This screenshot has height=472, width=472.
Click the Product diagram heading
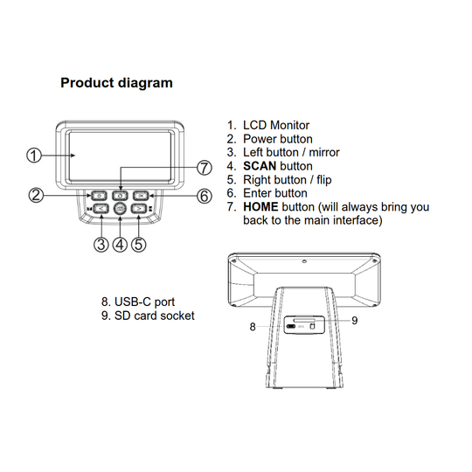pos(116,83)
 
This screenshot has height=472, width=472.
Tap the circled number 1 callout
pos(34,156)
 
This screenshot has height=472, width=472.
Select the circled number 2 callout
pos(36,195)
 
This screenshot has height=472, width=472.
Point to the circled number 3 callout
pos(101,244)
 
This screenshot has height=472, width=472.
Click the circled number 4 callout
pos(120,244)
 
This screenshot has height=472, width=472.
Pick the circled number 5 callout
pos(138,244)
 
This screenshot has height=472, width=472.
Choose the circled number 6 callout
pos(205,196)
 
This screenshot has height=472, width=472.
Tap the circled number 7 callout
pos(205,168)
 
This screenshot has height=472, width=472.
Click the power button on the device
pos(99,196)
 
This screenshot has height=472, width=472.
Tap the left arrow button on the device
pos(101,208)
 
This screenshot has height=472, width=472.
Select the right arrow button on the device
pos(138,208)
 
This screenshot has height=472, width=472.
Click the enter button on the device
pos(141,196)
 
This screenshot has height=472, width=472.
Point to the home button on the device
pos(120,196)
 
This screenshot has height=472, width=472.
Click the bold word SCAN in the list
pos(260,166)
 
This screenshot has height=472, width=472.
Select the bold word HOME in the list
pos(260,207)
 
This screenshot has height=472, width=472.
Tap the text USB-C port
pos(144,302)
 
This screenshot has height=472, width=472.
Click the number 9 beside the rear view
pos(355,321)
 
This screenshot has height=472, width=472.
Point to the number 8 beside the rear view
pos(253,327)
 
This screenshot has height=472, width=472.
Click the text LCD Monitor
pos(276,125)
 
